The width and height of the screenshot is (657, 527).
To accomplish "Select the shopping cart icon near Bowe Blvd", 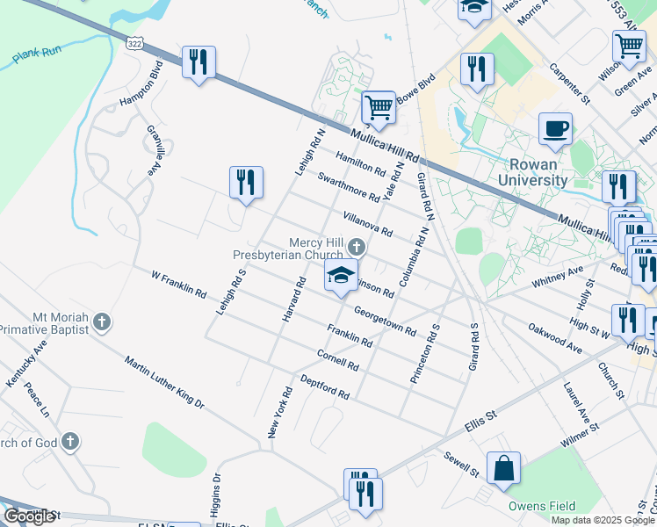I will (379, 108).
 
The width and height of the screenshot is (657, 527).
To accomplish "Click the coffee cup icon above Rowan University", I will (555, 129).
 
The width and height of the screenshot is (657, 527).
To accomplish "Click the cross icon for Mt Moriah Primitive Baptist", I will (102, 322).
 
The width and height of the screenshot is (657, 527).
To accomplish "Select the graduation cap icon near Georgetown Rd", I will (341, 276).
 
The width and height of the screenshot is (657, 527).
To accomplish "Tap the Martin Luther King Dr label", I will (164, 383).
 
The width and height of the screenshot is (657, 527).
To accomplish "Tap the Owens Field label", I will (542, 506).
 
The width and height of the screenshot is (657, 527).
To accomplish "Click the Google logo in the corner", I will (29, 516).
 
